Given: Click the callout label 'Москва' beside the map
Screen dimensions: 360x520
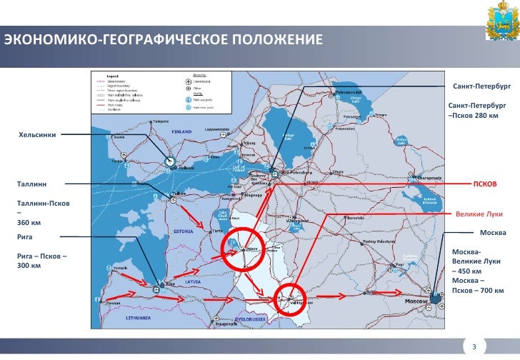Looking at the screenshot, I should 493,233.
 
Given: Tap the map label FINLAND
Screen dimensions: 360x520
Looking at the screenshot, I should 179,132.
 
